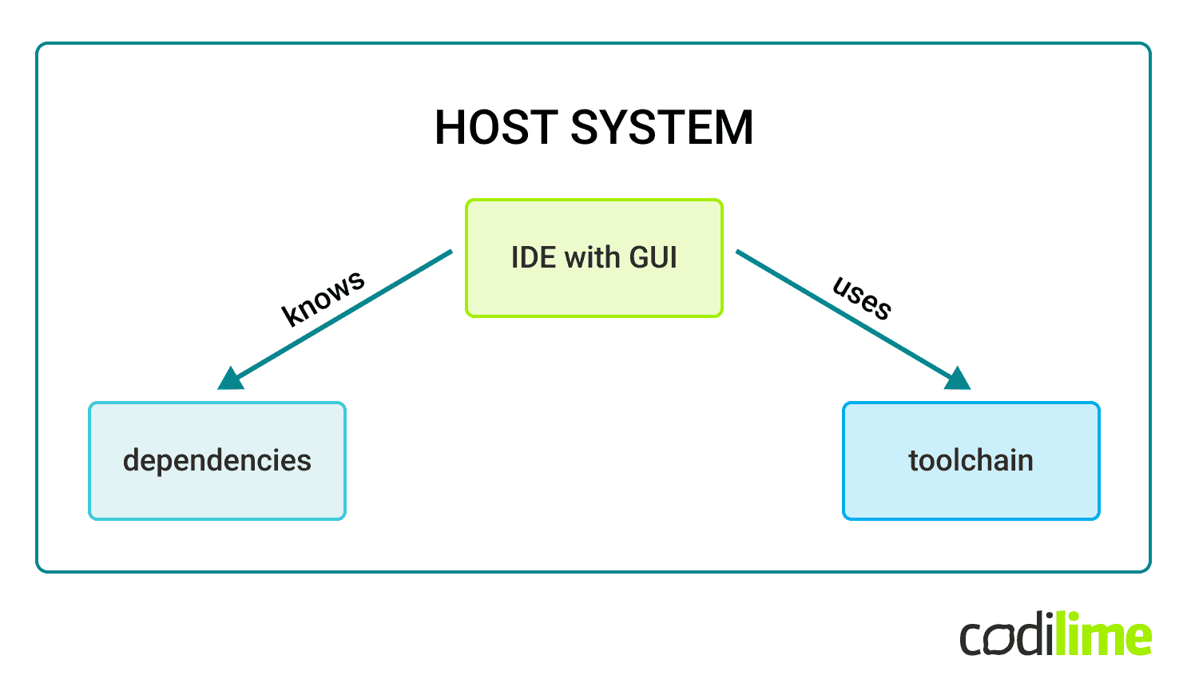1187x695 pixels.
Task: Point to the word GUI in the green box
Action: point(653,257)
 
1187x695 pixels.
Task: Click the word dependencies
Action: point(217,461)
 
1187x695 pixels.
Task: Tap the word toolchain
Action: point(971,461)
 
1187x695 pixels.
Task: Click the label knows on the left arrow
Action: point(324,297)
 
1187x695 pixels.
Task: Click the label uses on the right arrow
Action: point(863,297)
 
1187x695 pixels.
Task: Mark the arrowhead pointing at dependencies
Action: point(231,379)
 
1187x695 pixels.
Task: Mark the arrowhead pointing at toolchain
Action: point(957,379)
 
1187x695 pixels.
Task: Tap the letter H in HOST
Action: point(451,128)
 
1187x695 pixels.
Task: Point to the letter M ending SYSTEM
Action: point(734,128)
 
